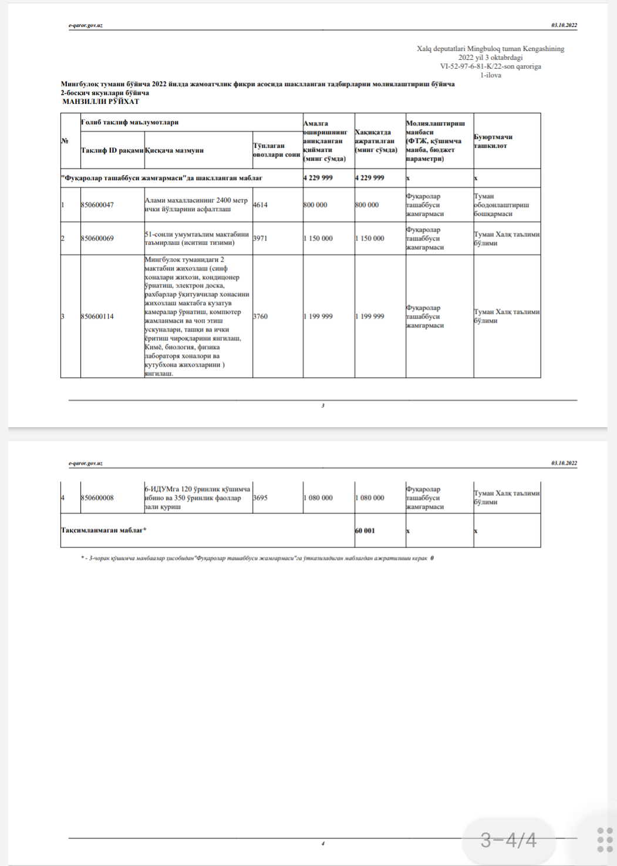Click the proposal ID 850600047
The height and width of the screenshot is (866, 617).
tap(97, 205)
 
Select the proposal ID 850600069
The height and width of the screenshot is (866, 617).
tap(97, 238)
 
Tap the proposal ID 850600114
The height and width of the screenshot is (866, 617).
tap(97, 316)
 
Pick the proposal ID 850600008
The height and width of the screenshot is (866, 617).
tap(97, 498)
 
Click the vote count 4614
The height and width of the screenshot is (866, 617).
tap(261, 205)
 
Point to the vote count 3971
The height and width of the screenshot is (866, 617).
tap(261, 238)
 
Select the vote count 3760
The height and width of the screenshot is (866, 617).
tap(261, 316)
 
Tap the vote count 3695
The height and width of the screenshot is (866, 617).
tap(261, 498)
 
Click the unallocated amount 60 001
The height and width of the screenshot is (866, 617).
tap(365, 530)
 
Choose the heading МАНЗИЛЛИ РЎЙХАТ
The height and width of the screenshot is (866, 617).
tap(101, 102)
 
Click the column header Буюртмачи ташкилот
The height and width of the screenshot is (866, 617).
tap(493, 141)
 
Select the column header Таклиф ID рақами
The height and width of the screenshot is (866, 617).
tap(112, 150)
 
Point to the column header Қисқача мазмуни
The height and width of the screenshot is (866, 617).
tap(174, 150)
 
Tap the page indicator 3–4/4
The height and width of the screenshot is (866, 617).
tap(508, 840)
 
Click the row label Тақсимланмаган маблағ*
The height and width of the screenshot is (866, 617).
tap(104, 530)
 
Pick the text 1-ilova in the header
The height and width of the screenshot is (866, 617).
tap(490, 75)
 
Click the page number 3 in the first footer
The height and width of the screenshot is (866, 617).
tap(323, 405)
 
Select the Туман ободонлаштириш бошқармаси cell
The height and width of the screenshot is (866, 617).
tap(501, 205)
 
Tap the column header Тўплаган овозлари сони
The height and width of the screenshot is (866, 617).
tap(277, 150)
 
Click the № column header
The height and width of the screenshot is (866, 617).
tap(65, 141)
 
